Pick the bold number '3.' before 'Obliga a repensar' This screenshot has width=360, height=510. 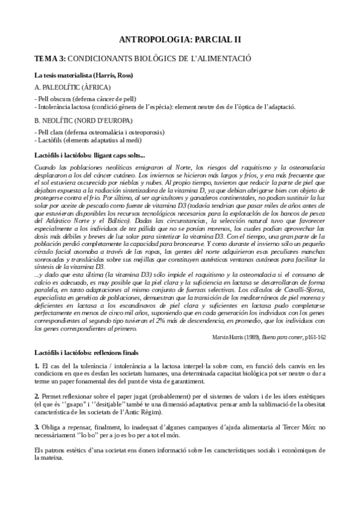[x=37, y=426]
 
